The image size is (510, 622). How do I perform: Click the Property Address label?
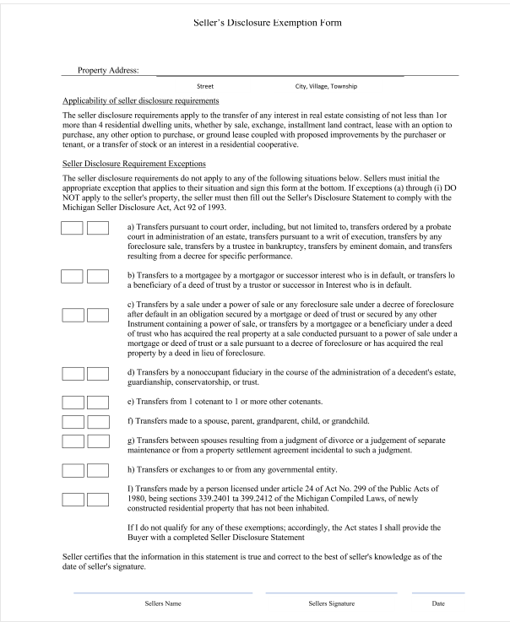pyautogui.click(x=108, y=70)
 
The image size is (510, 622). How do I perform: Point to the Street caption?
pyautogui.click(x=205, y=86)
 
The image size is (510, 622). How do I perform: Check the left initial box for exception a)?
pyautogui.click(x=73, y=228)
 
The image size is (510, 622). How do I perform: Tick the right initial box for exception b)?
pyautogui.click(x=99, y=276)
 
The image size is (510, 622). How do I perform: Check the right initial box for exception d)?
pyautogui.click(x=99, y=373)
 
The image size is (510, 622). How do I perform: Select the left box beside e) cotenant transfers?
pyautogui.click(x=73, y=401)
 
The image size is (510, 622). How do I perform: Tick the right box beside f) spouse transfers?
pyautogui.click(x=99, y=420)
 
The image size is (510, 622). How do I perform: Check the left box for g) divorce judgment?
pyautogui.click(x=73, y=441)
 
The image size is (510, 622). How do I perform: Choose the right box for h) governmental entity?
pyautogui.click(x=99, y=468)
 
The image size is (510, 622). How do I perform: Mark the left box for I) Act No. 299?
pyautogui.click(x=73, y=497)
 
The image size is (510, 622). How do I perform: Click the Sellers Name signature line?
pyautogui.click(x=162, y=592)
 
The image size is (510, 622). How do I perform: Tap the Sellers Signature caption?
pyautogui.click(x=331, y=603)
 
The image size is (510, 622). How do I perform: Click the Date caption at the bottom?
pyautogui.click(x=438, y=603)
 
